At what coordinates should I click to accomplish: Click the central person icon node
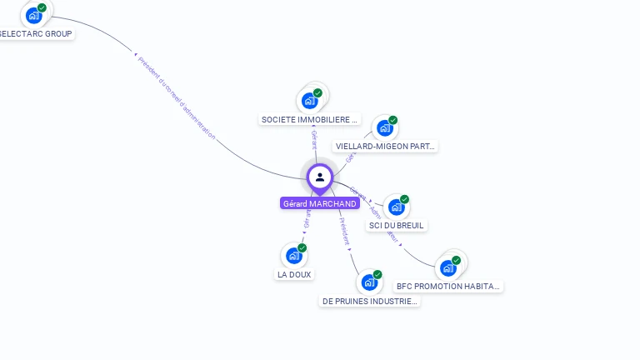pyautogui.click(x=320, y=177)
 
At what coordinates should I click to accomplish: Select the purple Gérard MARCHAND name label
pyautogui.click(x=320, y=203)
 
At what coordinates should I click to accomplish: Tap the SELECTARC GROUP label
pyautogui.click(x=36, y=34)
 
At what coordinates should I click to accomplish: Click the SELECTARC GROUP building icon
pyautogui.click(x=33, y=15)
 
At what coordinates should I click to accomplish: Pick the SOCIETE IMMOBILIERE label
pyautogui.click(x=310, y=119)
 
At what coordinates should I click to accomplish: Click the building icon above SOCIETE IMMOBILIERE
pyautogui.click(x=310, y=101)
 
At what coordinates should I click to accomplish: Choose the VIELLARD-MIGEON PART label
pyautogui.click(x=385, y=147)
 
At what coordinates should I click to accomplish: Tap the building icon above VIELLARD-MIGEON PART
pyautogui.click(x=384, y=128)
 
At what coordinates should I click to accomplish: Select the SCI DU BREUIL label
pyautogui.click(x=397, y=225)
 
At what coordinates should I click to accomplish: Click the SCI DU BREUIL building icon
pyautogui.click(x=396, y=207)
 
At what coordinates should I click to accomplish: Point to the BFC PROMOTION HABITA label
pyautogui.click(x=448, y=286)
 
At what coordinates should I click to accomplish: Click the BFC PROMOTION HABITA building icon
pyautogui.click(x=448, y=267)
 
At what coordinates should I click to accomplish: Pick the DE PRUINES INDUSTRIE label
pyautogui.click(x=369, y=301)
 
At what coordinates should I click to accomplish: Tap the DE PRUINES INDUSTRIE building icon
pyautogui.click(x=369, y=282)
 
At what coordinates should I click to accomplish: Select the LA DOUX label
pyautogui.click(x=294, y=274)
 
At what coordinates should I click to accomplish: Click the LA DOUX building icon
pyautogui.click(x=293, y=255)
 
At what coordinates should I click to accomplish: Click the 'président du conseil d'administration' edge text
pyautogui.click(x=176, y=97)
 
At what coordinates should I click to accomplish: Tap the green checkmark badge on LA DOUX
pyautogui.click(x=302, y=247)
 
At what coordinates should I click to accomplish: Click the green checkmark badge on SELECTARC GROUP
pyautogui.click(x=42, y=7)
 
